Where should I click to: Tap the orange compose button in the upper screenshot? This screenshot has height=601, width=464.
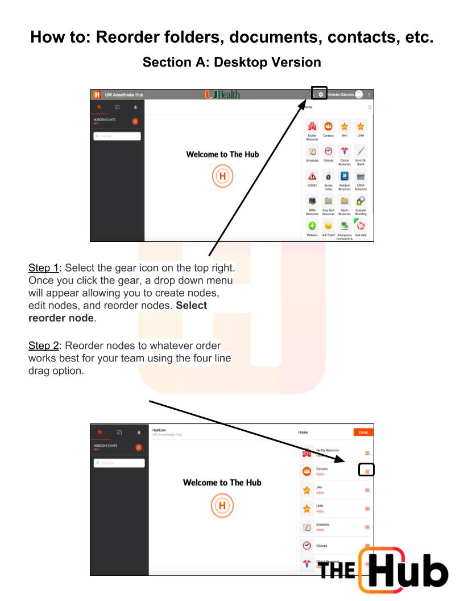coord(135,121)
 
